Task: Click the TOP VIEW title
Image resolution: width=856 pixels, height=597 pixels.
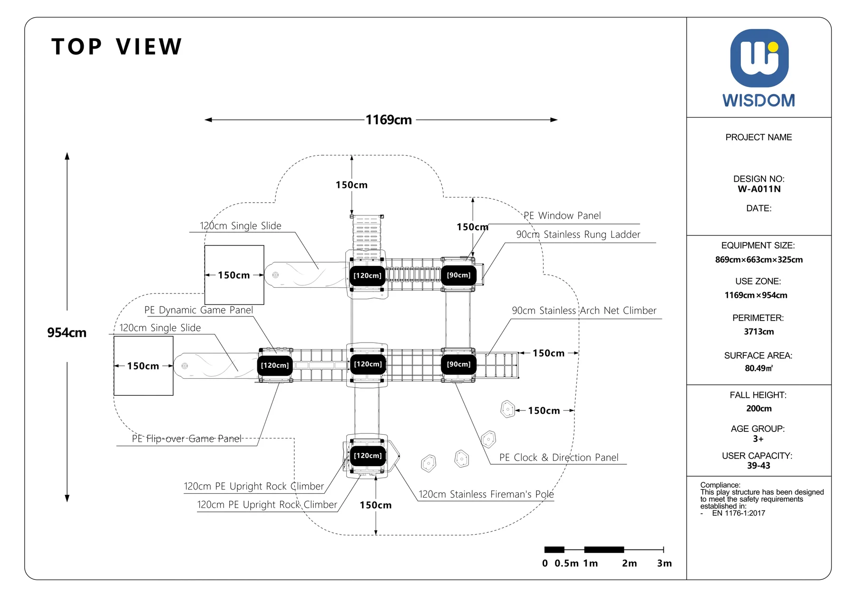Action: pyautogui.click(x=117, y=47)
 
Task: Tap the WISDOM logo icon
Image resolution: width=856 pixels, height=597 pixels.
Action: pyautogui.click(x=759, y=58)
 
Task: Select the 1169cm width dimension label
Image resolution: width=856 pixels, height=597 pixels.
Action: pyautogui.click(x=389, y=120)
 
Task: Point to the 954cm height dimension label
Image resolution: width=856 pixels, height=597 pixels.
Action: pyautogui.click(x=67, y=333)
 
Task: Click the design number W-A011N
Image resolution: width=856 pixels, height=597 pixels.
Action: pyautogui.click(x=759, y=189)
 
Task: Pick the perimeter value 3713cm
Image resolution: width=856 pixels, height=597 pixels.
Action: pyautogui.click(x=759, y=332)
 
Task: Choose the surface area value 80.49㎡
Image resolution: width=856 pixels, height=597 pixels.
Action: pyautogui.click(x=759, y=368)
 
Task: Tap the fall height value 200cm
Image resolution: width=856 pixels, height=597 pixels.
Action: pyautogui.click(x=759, y=409)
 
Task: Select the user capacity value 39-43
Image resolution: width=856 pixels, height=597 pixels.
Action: pyautogui.click(x=759, y=466)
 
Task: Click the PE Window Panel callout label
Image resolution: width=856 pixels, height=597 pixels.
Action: pyautogui.click(x=562, y=215)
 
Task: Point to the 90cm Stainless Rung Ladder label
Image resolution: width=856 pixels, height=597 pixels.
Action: pyautogui.click(x=578, y=235)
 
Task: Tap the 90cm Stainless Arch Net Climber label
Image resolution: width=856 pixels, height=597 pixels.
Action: pyautogui.click(x=584, y=311)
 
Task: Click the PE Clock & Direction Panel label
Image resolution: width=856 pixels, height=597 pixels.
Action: pyautogui.click(x=559, y=458)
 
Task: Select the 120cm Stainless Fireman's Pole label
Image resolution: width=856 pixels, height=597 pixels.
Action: pyautogui.click(x=486, y=494)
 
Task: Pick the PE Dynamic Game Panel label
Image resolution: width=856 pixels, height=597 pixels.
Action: pyautogui.click(x=198, y=310)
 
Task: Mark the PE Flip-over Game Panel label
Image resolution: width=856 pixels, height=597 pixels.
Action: pyautogui.click(x=186, y=439)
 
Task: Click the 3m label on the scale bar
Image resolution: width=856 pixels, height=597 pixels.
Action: pyautogui.click(x=664, y=563)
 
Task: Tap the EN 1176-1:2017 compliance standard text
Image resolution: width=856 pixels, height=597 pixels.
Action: pyautogui.click(x=739, y=513)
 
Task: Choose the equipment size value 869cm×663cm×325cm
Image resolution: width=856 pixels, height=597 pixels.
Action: pyautogui.click(x=759, y=260)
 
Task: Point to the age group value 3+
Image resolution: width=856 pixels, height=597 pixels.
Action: pyautogui.click(x=758, y=439)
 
